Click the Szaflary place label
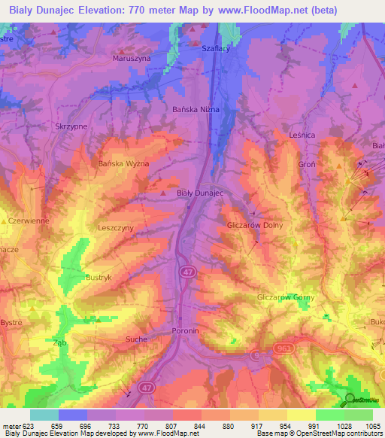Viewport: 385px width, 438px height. [215, 47]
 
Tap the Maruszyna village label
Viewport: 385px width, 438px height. [131, 58]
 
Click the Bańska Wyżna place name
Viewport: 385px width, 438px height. [124, 163]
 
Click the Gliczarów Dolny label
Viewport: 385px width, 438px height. [253, 226]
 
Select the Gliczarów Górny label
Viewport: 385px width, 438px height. [286, 297]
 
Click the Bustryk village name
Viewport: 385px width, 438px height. [99, 278]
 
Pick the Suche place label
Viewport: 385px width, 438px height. [136, 339]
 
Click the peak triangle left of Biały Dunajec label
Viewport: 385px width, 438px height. [164, 193]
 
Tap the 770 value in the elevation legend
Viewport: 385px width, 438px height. [144, 427]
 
